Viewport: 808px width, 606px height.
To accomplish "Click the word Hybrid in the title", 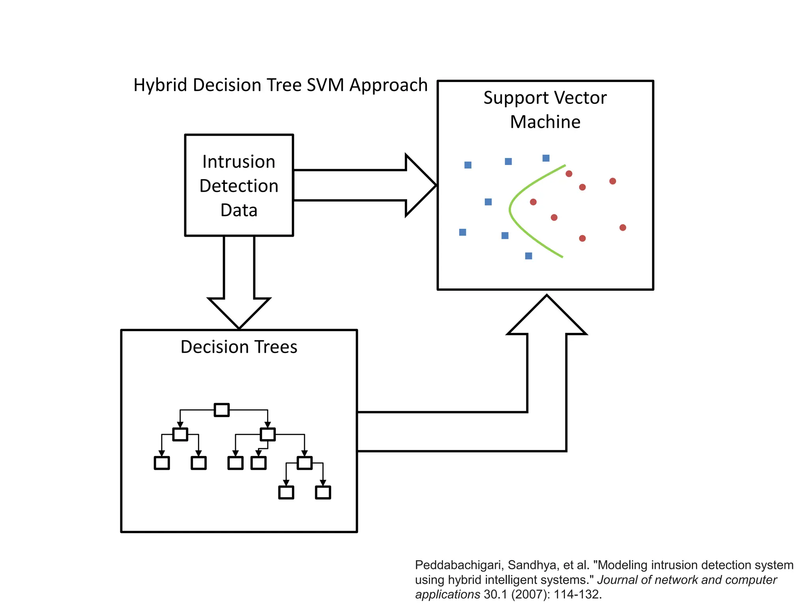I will click(x=160, y=85).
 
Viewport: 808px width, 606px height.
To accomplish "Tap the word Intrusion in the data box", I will click(x=239, y=162).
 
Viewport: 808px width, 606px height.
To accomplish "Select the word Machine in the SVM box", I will click(x=545, y=122).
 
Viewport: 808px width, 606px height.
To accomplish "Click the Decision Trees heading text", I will click(x=239, y=347).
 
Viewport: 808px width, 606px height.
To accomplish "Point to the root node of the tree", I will click(x=222, y=410).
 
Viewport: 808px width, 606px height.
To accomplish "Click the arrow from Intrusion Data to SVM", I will click(x=363, y=185).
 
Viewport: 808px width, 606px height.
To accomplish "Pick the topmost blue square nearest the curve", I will click(x=546, y=158).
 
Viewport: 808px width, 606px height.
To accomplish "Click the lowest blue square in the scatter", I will click(x=529, y=256).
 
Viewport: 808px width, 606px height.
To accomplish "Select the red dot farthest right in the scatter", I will click(x=623, y=228).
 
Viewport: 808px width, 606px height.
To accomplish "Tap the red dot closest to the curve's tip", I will click(x=533, y=202).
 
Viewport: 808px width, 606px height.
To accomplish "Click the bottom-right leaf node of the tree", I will click(x=323, y=492).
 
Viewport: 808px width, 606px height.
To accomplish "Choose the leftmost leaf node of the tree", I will click(x=162, y=463).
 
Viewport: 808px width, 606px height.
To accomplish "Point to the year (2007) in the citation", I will click(x=531, y=595).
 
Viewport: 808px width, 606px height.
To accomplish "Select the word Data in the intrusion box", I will click(x=239, y=210).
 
